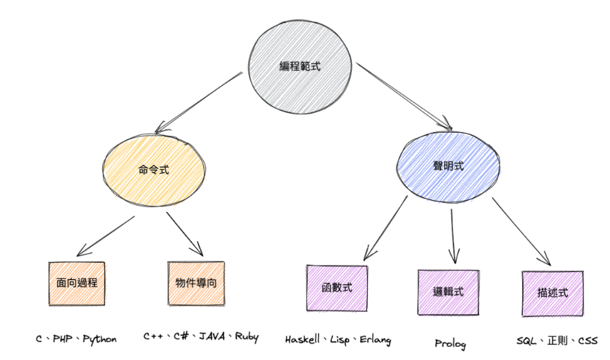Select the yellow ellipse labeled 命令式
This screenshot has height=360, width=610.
point(153,169)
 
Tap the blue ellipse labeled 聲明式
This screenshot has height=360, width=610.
point(449,166)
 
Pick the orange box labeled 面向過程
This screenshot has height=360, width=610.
point(78,283)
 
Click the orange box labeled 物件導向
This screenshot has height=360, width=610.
point(196,283)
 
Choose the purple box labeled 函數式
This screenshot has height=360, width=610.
point(336,288)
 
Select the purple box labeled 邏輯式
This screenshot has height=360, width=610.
point(449,291)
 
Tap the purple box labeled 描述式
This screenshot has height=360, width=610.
point(553,293)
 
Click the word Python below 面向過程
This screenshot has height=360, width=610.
point(100,340)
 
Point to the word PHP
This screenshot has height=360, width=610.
point(62,340)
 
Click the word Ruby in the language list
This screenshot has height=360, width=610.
point(246,337)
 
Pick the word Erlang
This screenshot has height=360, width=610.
point(374,340)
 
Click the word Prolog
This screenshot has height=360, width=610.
point(450,344)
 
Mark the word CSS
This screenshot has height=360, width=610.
point(587,342)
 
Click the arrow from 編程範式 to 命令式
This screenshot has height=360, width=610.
point(198,100)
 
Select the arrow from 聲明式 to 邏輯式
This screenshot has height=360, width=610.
point(453,238)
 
